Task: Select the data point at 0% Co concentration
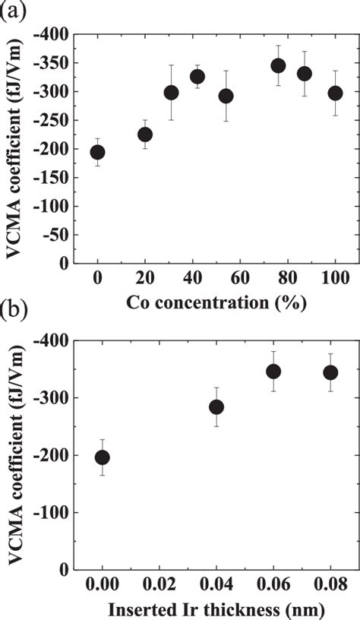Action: click(x=97, y=152)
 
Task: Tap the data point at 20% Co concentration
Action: click(x=144, y=134)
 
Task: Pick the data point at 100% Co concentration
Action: click(x=335, y=93)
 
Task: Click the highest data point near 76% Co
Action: click(x=278, y=65)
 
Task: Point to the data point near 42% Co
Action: click(x=197, y=76)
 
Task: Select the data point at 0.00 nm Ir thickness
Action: click(x=102, y=457)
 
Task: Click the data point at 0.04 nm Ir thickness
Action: click(x=216, y=407)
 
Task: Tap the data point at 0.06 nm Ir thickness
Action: click(x=273, y=371)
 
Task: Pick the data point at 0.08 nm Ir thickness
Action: click(x=330, y=372)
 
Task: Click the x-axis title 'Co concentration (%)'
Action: click(x=216, y=303)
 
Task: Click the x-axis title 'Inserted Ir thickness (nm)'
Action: click(x=216, y=609)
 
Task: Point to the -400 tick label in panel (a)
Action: click(x=51, y=34)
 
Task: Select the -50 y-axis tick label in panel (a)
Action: click(x=54, y=235)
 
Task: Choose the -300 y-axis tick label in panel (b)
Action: click(x=51, y=398)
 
